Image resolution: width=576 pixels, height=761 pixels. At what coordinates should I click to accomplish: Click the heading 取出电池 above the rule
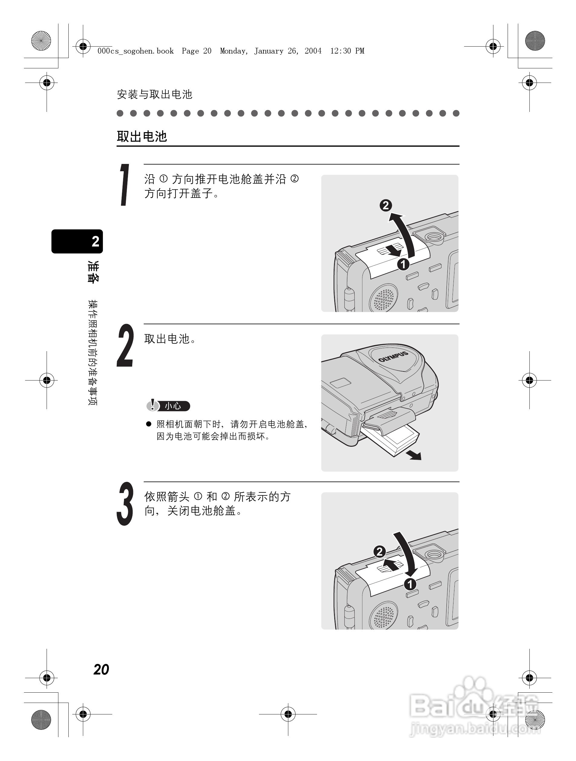(142, 137)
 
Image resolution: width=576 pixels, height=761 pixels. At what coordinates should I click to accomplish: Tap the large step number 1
(125, 185)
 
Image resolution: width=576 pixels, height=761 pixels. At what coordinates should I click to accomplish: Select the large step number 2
(125, 345)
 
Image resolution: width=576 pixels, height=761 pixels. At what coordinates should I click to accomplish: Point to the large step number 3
(125, 504)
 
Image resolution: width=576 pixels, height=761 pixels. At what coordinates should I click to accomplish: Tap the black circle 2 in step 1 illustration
(385, 205)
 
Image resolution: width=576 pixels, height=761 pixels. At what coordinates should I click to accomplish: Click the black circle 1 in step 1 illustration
(403, 264)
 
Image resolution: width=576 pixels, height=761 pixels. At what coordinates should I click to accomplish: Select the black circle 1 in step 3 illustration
(410, 584)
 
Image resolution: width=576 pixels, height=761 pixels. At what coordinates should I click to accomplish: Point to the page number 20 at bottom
(101, 669)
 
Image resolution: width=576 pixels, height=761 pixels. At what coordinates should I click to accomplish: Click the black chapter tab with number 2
(77, 241)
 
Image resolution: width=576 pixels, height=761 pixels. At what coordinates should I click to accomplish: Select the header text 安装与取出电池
(155, 94)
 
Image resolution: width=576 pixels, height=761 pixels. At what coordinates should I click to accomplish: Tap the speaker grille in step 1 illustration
(384, 298)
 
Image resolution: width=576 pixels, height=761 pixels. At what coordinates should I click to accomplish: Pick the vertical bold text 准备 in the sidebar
(93, 272)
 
